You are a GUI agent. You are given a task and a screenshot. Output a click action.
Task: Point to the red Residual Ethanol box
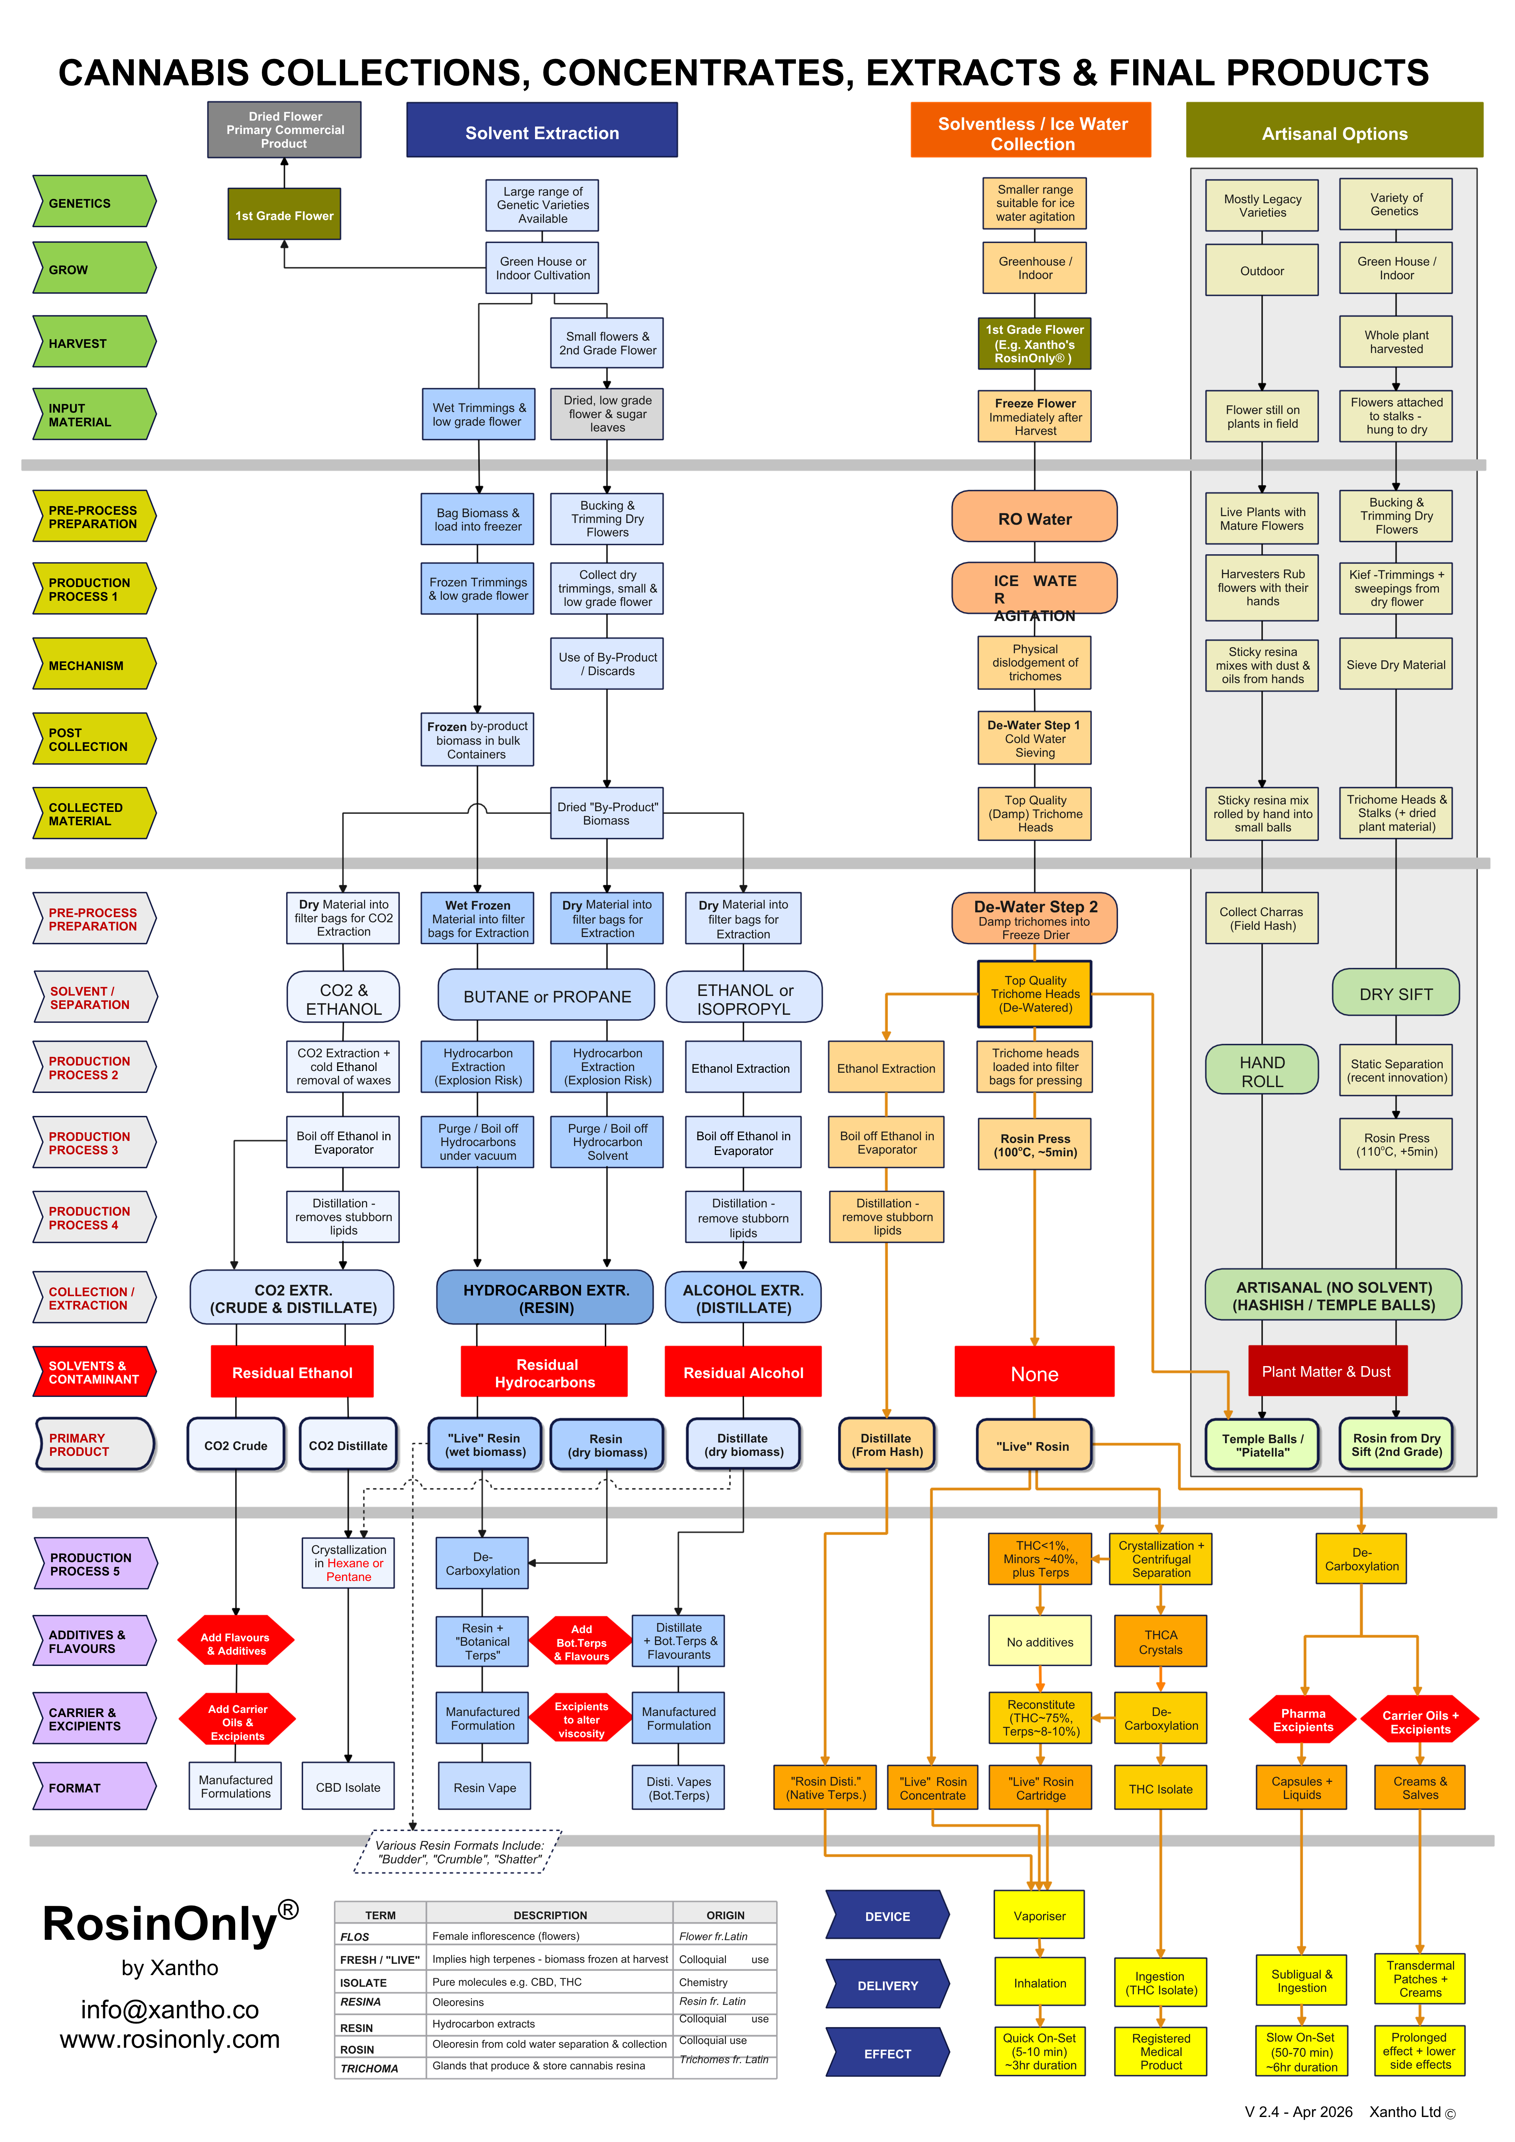click(x=292, y=1372)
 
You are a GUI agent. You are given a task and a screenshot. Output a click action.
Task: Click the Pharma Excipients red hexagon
click(x=1302, y=1719)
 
